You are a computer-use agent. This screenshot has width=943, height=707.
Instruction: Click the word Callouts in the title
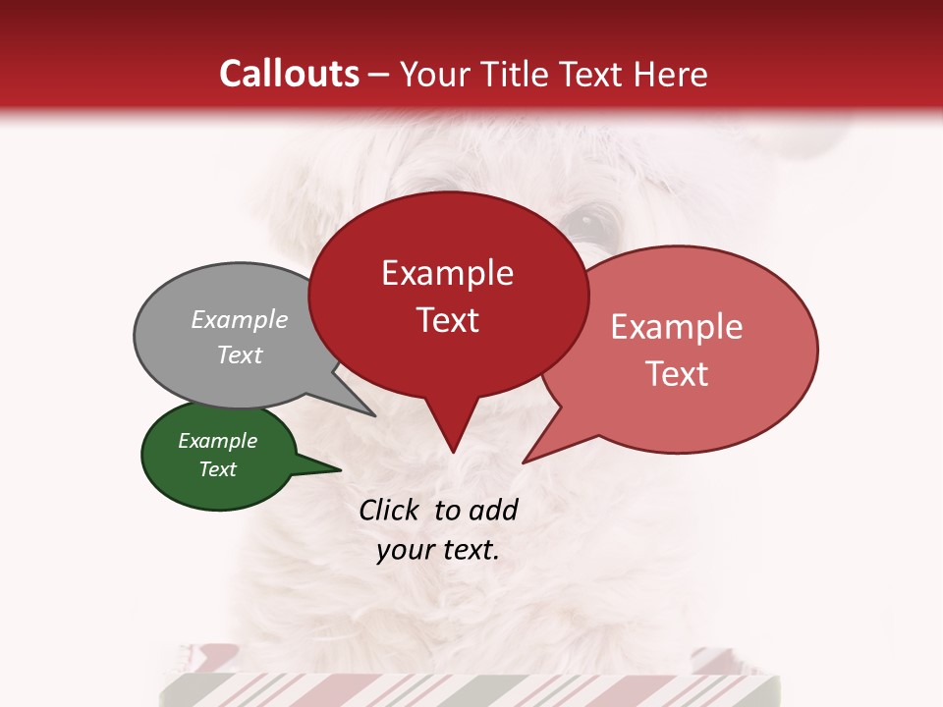(289, 74)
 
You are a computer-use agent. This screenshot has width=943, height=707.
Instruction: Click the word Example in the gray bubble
(240, 319)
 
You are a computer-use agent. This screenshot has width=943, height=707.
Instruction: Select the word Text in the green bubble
(218, 469)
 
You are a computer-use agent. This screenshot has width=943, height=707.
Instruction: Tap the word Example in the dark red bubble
(447, 273)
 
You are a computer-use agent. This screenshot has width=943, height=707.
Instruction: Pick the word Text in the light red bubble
(678, 374)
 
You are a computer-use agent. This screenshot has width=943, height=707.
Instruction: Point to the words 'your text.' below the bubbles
(438, 550)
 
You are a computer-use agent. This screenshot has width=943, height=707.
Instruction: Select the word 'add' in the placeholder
(493, 510)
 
